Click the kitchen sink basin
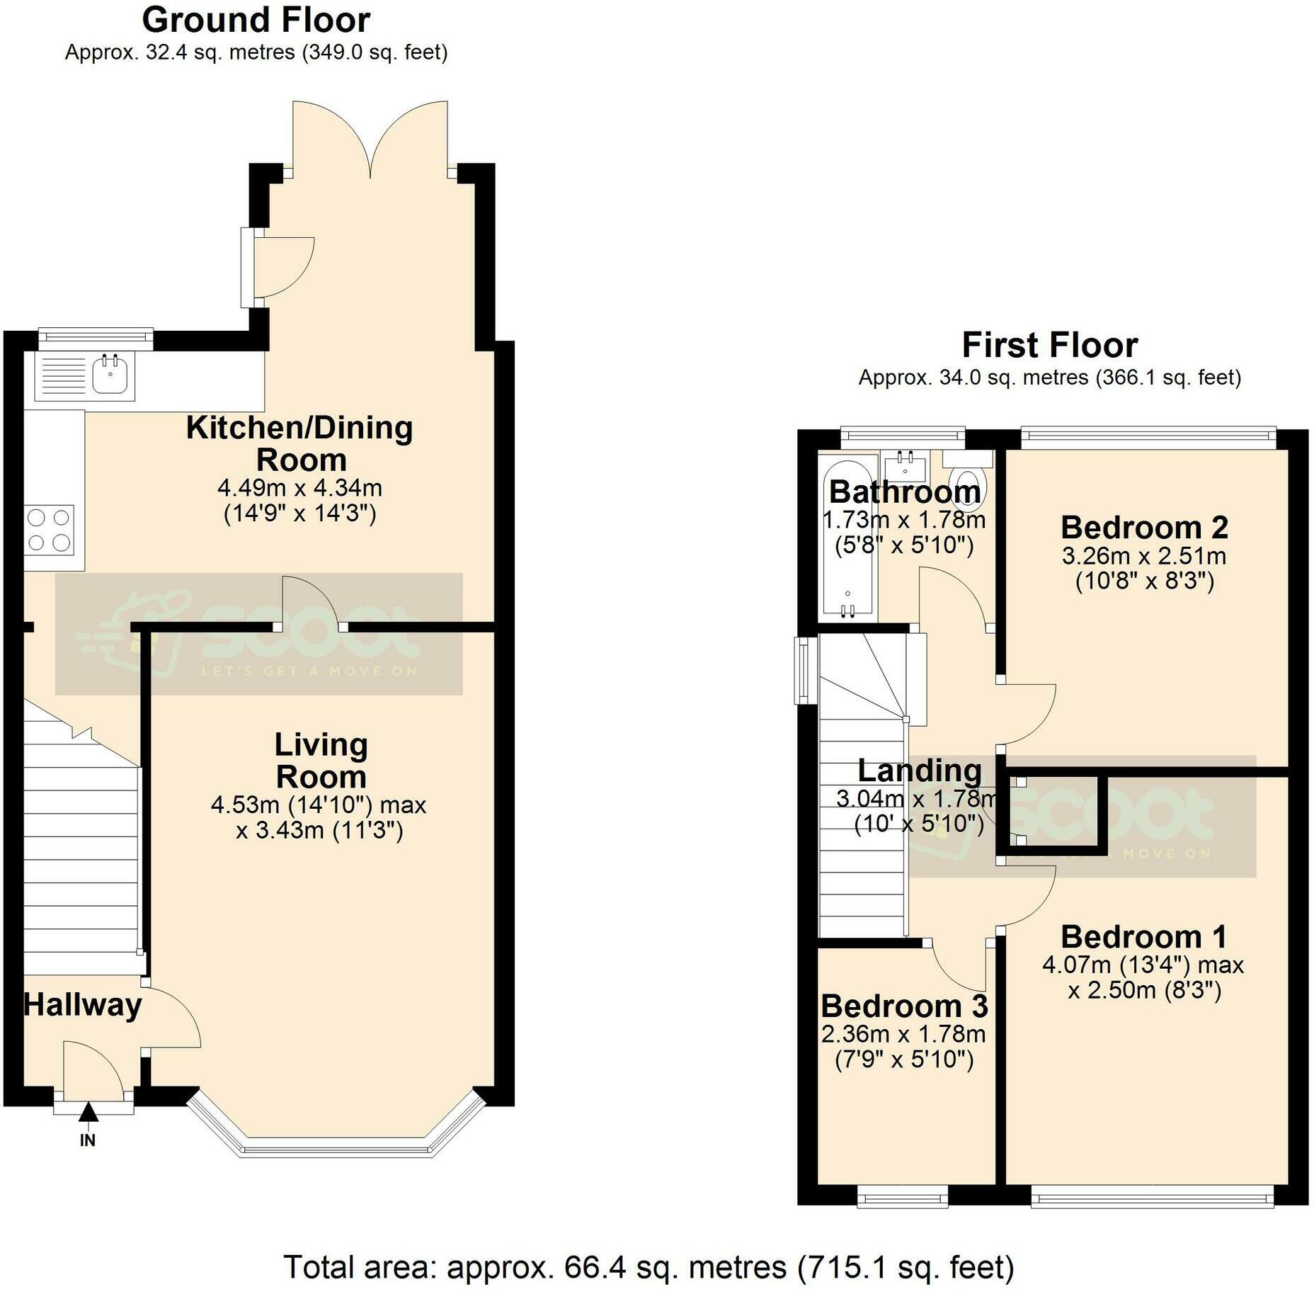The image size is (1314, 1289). pyautogui.click(x=110, y=375)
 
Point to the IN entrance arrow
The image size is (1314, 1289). pyautogui.click(x=88, y=1113)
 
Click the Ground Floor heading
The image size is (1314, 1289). pyautogui.click(x=256, y=20)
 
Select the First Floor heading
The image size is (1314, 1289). pyautogui.click(x=1050, y=346)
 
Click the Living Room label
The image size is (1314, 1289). pyautogui.click(x=321, y=761)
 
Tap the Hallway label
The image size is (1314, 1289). pyautogui.click(x=83, y=1006)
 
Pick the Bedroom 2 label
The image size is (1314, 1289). pyautogui.click(x=1145, y=528)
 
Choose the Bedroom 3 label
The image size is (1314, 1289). pyautogui.click(x=904, y=1006)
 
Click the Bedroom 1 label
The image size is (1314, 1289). pyautogui.click(x=1144, y=937)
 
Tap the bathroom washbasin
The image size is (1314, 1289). pyautogui.click(x=905, y=465)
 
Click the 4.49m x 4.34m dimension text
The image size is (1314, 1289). pyautogui.click(x=300, y=488)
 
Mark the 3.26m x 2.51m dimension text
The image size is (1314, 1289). pyautogui.click(x=1144, y=556)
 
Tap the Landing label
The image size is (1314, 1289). pyautogui.click(x=920, y=771)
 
